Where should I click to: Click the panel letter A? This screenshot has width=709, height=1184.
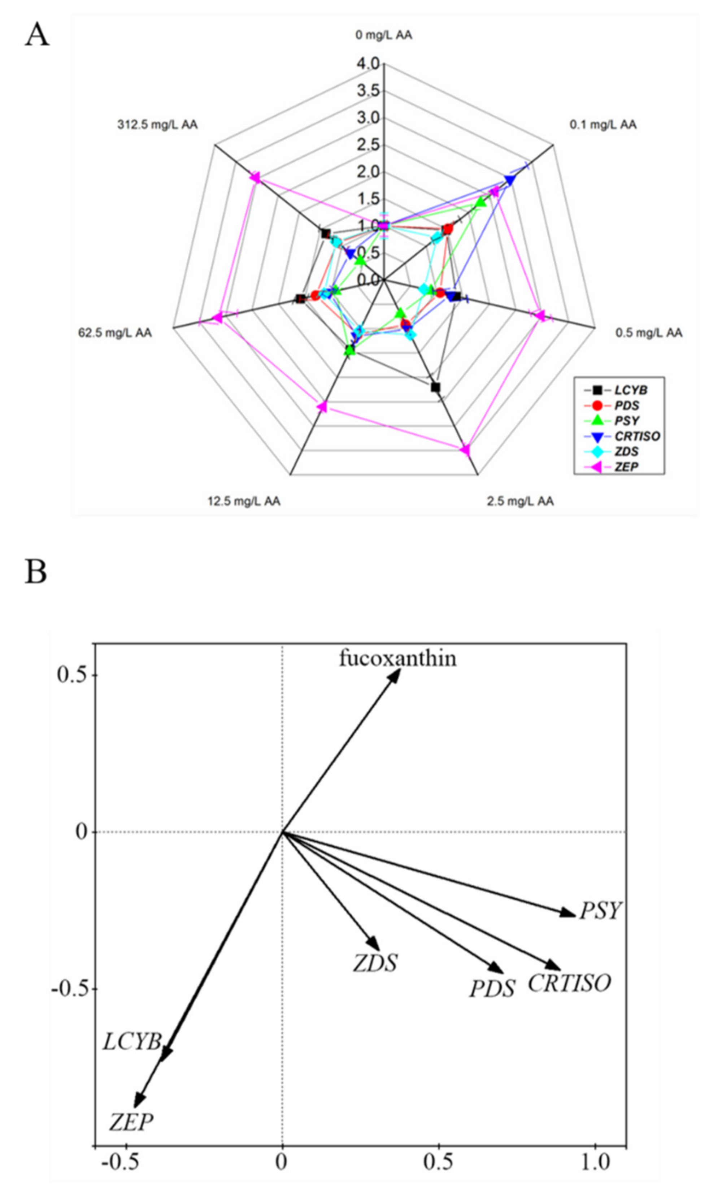tap(37, 35)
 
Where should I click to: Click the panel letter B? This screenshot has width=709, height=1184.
tap(36, 572)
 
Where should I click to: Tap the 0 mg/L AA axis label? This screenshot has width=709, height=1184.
tap(384, 35)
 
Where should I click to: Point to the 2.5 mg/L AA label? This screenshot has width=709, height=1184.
tap(520, 501)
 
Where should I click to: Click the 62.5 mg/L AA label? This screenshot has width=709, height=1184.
tap(115, 333)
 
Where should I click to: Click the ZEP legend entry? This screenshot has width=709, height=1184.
tap(626, 467)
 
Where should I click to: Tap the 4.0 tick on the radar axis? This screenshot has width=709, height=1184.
tap(368, 64)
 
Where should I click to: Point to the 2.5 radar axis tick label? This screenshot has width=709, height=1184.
tap(368, 145)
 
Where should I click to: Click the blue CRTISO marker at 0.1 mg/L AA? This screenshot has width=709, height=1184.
tap(510, 180)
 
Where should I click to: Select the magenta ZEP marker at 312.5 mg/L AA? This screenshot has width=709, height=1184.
tap(255, 178)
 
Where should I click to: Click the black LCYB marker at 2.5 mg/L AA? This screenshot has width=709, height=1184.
tap(435, 387)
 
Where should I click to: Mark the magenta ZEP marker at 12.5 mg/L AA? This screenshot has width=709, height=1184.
tap(322, 407)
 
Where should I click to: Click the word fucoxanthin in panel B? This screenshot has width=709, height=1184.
tap(397, 658)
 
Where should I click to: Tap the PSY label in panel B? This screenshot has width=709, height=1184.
tap(600, 911)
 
